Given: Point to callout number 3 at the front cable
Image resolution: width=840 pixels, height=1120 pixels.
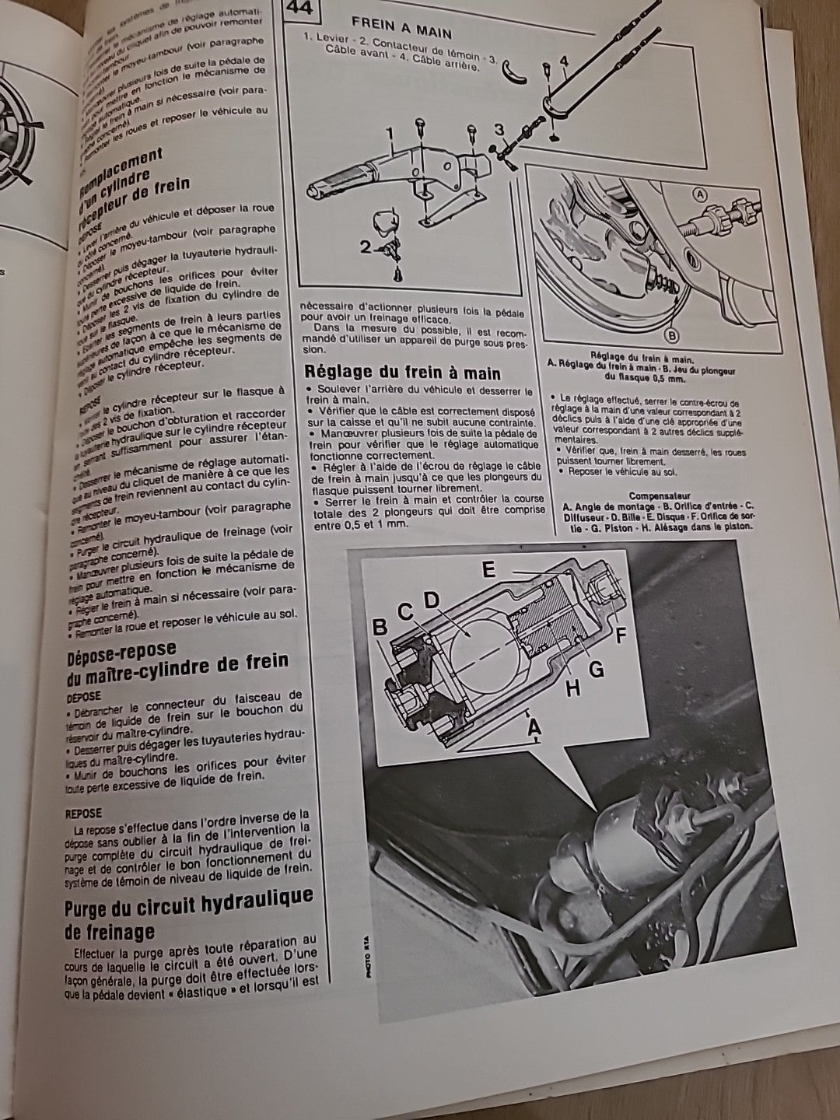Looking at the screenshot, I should [x=499, y=129].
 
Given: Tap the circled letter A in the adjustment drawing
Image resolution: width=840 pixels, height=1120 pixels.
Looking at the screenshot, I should [x=698, y=194].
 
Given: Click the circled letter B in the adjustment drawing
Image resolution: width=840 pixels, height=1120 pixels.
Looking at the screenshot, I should [x=671, y=336].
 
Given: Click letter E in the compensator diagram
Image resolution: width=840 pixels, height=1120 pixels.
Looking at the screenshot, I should [x=488, y=569].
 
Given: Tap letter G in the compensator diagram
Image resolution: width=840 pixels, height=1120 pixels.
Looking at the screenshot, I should [x=597, y=670].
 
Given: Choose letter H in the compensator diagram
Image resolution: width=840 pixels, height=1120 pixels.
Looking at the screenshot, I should [x=572, y=688].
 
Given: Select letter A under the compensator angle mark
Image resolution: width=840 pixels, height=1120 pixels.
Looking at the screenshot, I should [x=533, y=727].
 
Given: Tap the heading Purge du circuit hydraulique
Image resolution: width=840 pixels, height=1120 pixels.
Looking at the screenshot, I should [x=189, y=907].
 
